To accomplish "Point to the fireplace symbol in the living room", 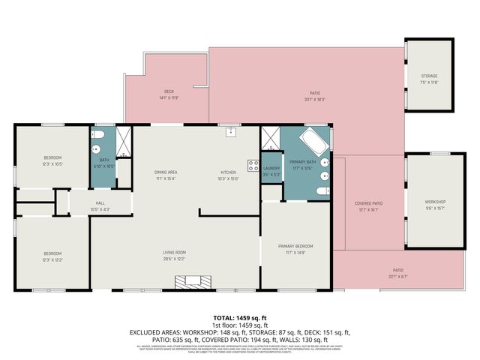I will tap(190, 283).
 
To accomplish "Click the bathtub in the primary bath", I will tap(310, 142).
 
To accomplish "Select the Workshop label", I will tap(435, 202).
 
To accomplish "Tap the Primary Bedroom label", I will tap(295, 246).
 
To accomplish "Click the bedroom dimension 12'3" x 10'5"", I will tap(52, 163).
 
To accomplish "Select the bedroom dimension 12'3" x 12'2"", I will tap(52, 259).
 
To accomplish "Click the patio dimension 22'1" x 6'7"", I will tap(397, 276).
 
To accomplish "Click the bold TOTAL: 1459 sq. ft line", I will tap(239, 318).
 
